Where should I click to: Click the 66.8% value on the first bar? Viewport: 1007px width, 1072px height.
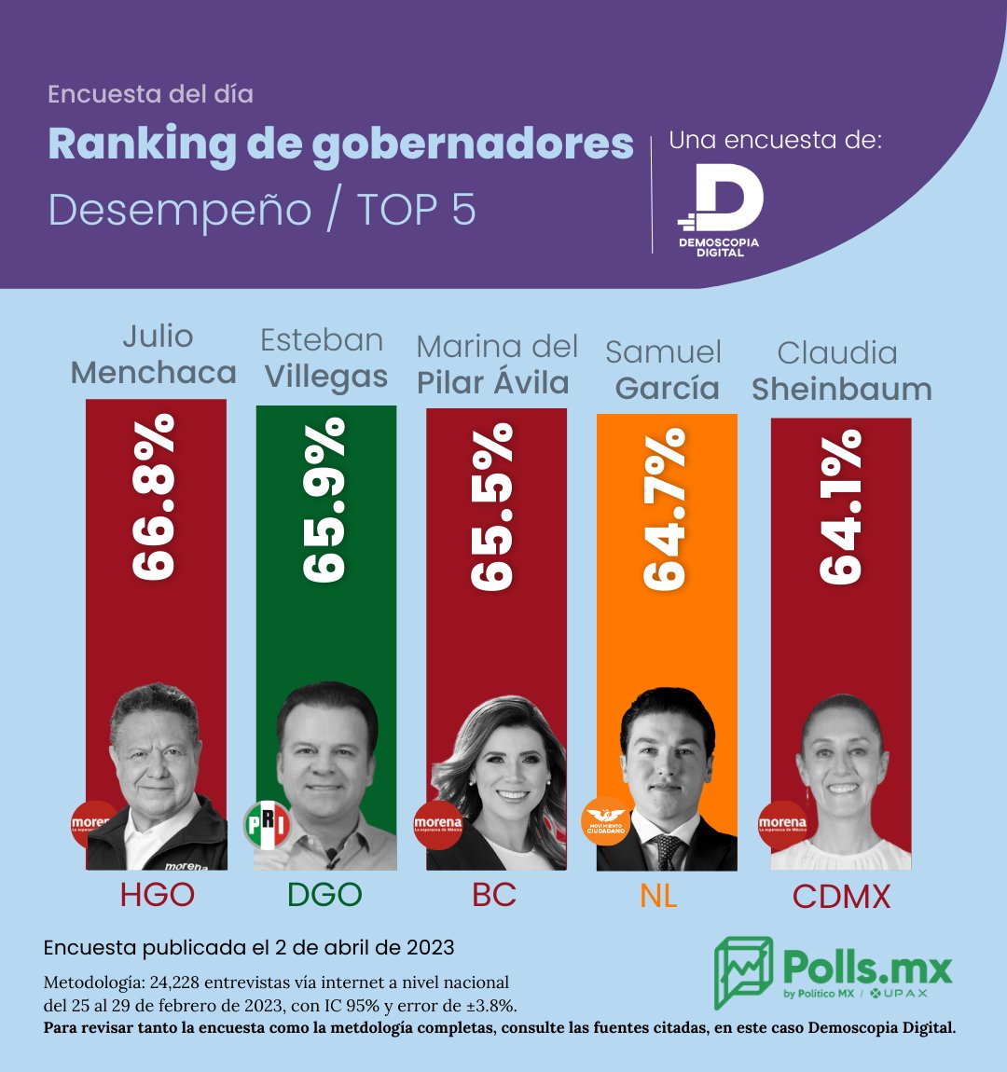coord(155,499)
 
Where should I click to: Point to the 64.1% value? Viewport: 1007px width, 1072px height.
coord(841,507)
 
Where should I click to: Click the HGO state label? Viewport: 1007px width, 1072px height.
coord(157,895)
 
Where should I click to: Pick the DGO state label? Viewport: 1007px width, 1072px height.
coord(324,895)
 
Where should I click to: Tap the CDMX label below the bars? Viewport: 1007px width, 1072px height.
coord(841,897)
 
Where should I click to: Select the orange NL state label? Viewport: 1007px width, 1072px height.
coord(658,896)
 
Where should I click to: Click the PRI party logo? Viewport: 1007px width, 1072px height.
coord(267,825)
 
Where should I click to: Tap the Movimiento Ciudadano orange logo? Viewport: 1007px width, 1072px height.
coord(606,821)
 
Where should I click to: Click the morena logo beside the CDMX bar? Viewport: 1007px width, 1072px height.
coord(782,825)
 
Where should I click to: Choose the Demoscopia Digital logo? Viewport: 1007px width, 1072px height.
coord(720,210)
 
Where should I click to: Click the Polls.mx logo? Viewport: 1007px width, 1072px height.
coord(834,972)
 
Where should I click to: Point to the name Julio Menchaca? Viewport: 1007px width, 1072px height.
coord(155,354)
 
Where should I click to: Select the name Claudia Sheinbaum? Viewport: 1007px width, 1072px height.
coord(841,371)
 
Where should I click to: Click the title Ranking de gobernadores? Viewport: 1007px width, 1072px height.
coord(340,144)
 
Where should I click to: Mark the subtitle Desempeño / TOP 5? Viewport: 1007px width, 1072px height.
coord(262,210)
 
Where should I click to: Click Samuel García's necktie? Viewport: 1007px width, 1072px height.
coord(667,851)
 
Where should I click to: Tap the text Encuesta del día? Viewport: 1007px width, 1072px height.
coord(150,94)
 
